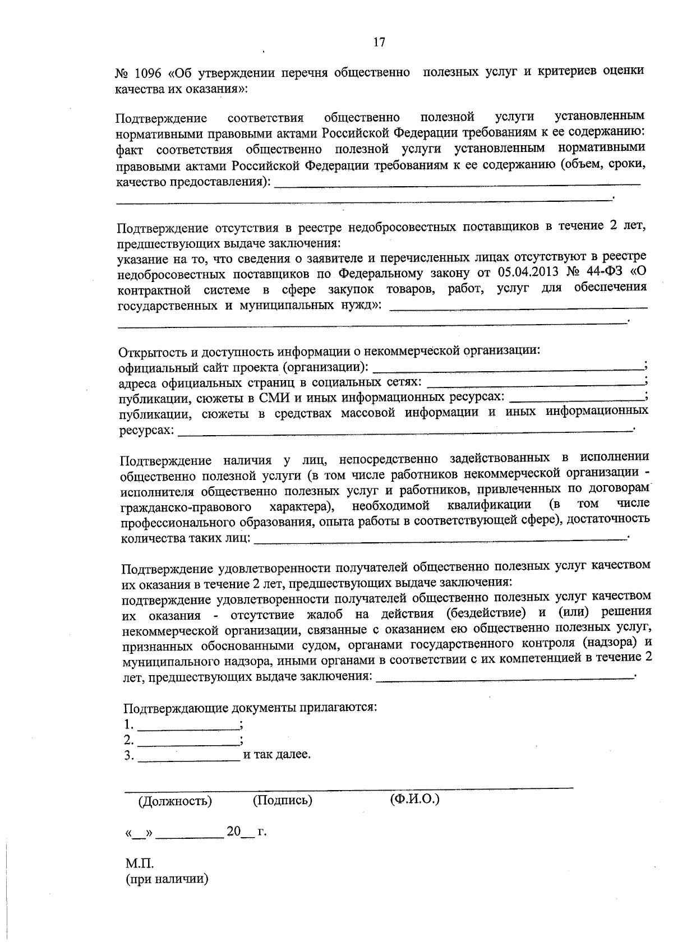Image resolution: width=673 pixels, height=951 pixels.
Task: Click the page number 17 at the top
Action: pos(379,42)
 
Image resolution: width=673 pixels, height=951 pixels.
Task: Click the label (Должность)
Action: pos(175,800)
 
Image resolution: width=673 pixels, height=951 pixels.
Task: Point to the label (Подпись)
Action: pos(283,800)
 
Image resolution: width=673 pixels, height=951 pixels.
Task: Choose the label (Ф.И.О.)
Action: pos(414,798)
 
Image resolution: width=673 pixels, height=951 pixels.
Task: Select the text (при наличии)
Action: pos(167,879)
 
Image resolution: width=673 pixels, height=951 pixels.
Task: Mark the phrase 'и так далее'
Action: pos(276,755)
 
